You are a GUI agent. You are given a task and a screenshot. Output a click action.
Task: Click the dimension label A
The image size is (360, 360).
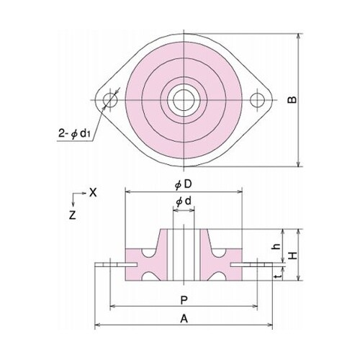[x=184, y=318]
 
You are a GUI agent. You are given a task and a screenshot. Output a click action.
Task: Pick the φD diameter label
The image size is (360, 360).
[x=183, y=184]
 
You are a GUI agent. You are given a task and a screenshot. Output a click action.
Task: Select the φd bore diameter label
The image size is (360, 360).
[x=183, y=204]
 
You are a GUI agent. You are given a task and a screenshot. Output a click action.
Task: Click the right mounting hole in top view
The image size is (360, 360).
[x=258, y=99]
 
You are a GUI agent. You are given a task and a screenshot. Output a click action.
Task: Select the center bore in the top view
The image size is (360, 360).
[x=183, y=98]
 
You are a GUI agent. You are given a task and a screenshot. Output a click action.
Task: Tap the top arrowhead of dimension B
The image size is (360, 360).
[x=298, y=35]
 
